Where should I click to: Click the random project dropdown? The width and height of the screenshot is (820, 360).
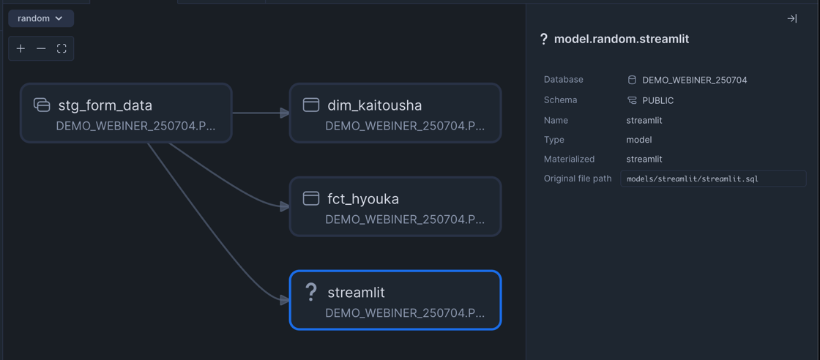click(x=41, y=18)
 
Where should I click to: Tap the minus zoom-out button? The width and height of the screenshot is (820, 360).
click(x=41, y=48)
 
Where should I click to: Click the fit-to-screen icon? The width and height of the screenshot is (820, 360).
click(x=61, y=48)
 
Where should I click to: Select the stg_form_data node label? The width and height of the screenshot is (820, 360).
click(x=105, y=105)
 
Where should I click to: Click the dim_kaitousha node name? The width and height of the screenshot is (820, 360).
click(x=374, y=105)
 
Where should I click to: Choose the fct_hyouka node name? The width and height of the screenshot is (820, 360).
click(x=363, y=199)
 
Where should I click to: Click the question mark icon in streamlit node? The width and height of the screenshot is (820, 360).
click(x=310, y=292)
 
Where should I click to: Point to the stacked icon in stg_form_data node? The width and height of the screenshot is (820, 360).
click(x=42, y=105)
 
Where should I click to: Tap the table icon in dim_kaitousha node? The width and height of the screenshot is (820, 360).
click(x=311, y=105)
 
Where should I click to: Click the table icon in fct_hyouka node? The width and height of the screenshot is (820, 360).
click(x=311, y=198)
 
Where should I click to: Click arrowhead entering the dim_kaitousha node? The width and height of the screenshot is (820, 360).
click(x=285, y=113)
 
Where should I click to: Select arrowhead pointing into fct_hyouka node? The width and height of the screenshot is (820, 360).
click(x=285, y=206)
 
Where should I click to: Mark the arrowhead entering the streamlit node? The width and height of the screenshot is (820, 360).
click(x=285, y=300)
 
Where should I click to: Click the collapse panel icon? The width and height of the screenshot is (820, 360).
click(x=791, y=19)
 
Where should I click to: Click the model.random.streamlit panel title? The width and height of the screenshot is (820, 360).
click(x=622, y=39)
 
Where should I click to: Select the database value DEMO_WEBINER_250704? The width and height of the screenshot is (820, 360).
click(x=695, y=80)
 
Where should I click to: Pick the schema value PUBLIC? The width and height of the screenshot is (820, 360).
click(x=658, y=100)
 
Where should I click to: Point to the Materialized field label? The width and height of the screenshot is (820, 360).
click(x=569, y=159)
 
